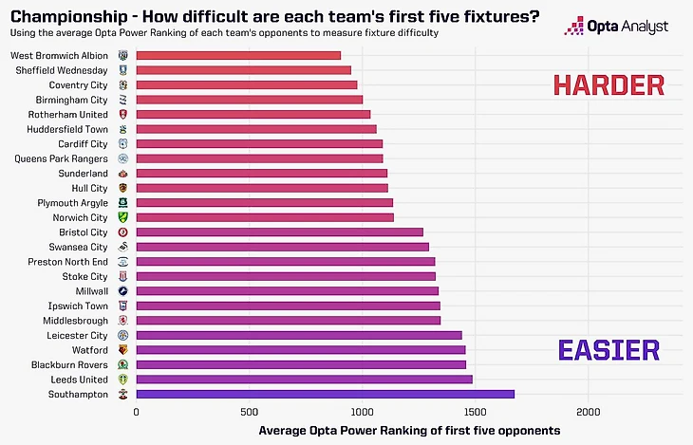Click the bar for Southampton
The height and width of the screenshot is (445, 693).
[325, 394]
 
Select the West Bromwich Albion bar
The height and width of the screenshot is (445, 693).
[238, 55]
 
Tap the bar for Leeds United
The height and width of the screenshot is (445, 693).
[304, 380]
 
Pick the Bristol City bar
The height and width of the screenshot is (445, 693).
[279, 232]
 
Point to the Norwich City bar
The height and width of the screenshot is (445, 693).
[265, 217]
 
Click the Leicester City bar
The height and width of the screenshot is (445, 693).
[299, 335]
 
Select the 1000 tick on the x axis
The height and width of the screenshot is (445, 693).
[362, 413]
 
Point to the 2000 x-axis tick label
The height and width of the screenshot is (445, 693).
[588, 413]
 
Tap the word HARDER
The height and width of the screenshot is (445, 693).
[608, 85]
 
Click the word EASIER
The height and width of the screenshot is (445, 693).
[608, 350]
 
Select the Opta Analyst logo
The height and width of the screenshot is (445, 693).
[616, 26]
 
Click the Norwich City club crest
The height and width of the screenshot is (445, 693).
[123, 217]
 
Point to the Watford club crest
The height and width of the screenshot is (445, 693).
[123, 350]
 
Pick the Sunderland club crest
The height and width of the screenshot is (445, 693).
[123, 174]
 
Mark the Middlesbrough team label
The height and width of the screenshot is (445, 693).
[76, 321]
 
